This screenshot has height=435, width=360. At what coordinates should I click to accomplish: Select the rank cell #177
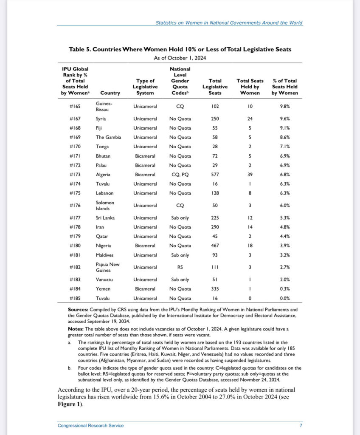(x=76, y=218)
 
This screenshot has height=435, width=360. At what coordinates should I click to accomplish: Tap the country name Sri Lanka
(x=105, y=218)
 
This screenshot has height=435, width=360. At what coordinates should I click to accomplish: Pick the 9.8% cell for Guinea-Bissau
(x=285, y=107)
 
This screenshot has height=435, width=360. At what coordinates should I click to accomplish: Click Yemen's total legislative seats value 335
(x=215, y=289)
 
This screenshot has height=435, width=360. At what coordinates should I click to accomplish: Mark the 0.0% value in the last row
(x=285, y=298)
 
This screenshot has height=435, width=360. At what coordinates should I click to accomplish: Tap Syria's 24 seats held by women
(x=250, y=119)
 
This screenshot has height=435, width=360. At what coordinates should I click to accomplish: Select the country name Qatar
(x=102, y=236)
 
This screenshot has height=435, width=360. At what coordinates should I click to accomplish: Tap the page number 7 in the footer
(x=301, y=425)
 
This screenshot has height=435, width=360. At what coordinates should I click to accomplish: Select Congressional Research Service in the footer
(x=91, y=425)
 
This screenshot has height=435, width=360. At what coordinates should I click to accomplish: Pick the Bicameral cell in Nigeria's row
(x=145, y=245)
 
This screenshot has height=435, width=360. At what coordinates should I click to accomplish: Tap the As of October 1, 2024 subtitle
(x=180, y=57)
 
